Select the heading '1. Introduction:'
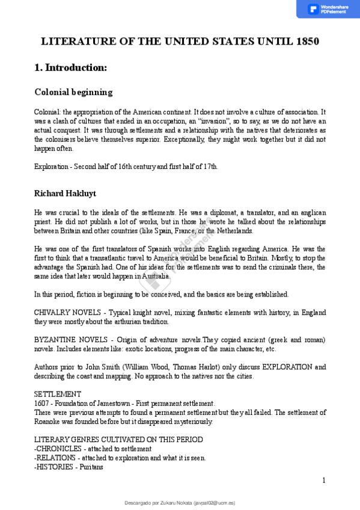(70, 68)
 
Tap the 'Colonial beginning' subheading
(73, 92)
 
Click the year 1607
(42, 403)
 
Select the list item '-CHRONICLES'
(58, 449)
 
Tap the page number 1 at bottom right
(323, 480)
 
